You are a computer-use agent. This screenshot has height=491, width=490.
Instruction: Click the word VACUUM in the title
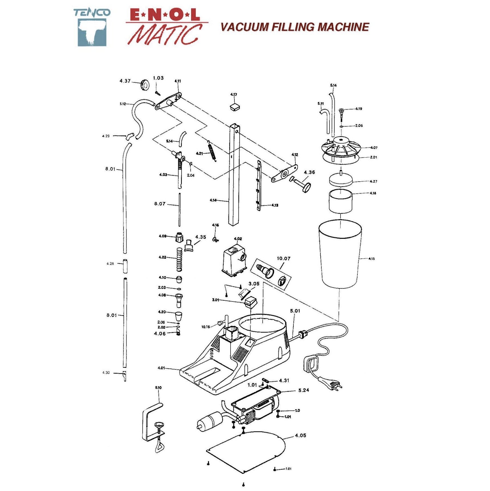tap(244, 27)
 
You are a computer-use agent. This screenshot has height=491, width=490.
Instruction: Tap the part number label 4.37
tap(125, 81)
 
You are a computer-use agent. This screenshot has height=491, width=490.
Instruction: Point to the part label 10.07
tap(283, 258)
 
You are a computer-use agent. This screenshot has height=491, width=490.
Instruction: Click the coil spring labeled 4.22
tap(179, 259)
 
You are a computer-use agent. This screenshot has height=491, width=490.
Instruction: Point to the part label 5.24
tap(304, 390)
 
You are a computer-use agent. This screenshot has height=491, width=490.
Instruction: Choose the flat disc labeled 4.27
tap(341, 180)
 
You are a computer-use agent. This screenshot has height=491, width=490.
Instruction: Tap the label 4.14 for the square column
tap(213, 200)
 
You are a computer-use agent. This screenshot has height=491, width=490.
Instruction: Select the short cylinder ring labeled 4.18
tap(341, 201)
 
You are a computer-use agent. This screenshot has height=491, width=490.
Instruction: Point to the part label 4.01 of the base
tap(161, 368)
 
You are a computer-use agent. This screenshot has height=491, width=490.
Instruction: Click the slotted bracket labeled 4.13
tap(259, 185)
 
